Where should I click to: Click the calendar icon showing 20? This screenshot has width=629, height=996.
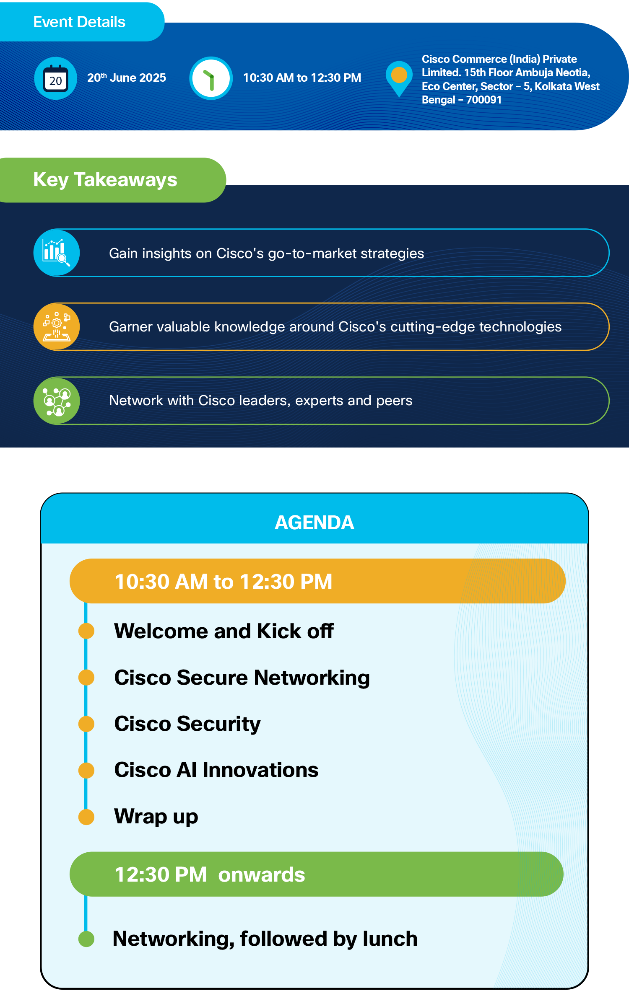56,78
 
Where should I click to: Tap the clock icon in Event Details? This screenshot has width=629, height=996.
211,78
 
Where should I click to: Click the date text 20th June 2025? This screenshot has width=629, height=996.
127,78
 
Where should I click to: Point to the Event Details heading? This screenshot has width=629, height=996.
79,22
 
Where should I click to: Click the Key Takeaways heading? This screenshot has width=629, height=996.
105,180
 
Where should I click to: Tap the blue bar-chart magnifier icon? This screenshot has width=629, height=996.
57,253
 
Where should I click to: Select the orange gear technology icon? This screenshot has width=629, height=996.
57,327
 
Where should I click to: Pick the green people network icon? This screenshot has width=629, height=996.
57,401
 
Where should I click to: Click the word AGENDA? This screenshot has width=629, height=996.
314,523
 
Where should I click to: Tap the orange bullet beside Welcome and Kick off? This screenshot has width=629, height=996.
86,631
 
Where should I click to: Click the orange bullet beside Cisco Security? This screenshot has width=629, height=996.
86,724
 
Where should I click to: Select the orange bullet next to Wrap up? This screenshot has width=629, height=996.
86,817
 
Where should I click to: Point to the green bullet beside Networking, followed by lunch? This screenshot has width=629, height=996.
86,939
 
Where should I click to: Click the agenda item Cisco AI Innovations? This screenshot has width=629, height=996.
216,770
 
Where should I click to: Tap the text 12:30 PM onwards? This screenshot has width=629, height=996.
210,875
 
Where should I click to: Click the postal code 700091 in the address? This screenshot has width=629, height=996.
484,100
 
